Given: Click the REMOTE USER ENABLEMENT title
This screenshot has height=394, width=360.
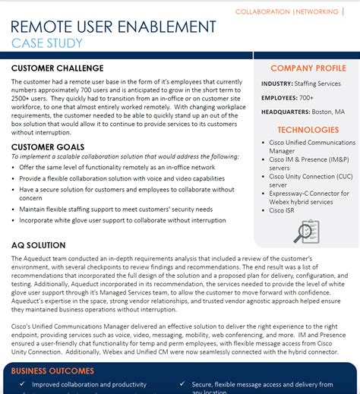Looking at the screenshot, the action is (x=114, y=27).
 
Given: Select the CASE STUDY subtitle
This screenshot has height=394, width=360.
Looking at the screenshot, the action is (x=47, y=43).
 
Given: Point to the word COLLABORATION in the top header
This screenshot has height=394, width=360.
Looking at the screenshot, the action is (x=262, y=11).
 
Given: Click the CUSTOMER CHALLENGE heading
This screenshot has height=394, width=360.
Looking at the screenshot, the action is (x=58, y=68).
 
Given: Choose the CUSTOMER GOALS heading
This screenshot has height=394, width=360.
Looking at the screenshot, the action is (x=48, y=147).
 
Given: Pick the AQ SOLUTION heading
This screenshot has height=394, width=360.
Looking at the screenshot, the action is (x=39, y=246).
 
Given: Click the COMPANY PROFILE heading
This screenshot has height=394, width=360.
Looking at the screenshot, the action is (x=308, y=68).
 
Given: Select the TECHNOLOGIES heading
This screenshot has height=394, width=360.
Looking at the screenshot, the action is (x=308, y=130).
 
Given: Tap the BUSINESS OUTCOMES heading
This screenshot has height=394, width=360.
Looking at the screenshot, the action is (x=53, y=371).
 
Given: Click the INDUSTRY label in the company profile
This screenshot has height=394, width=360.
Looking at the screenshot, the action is (x=277, y=84).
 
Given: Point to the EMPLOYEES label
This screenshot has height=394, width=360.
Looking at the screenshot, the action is (x=279, y=98).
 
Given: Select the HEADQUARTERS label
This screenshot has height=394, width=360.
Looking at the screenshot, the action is (x=286, y=112).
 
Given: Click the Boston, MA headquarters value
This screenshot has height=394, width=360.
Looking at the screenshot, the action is (x=328, y=112).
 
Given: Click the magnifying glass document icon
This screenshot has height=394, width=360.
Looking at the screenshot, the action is (x=307, y=231).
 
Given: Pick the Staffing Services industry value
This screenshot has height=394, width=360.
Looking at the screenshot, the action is (x=319, y=84).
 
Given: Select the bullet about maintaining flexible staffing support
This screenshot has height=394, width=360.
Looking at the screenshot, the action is (x=115, y=209).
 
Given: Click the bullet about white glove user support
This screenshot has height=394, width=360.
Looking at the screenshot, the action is (x=122, y=220).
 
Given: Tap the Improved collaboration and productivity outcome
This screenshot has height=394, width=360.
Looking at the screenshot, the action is (x=87, y=385).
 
